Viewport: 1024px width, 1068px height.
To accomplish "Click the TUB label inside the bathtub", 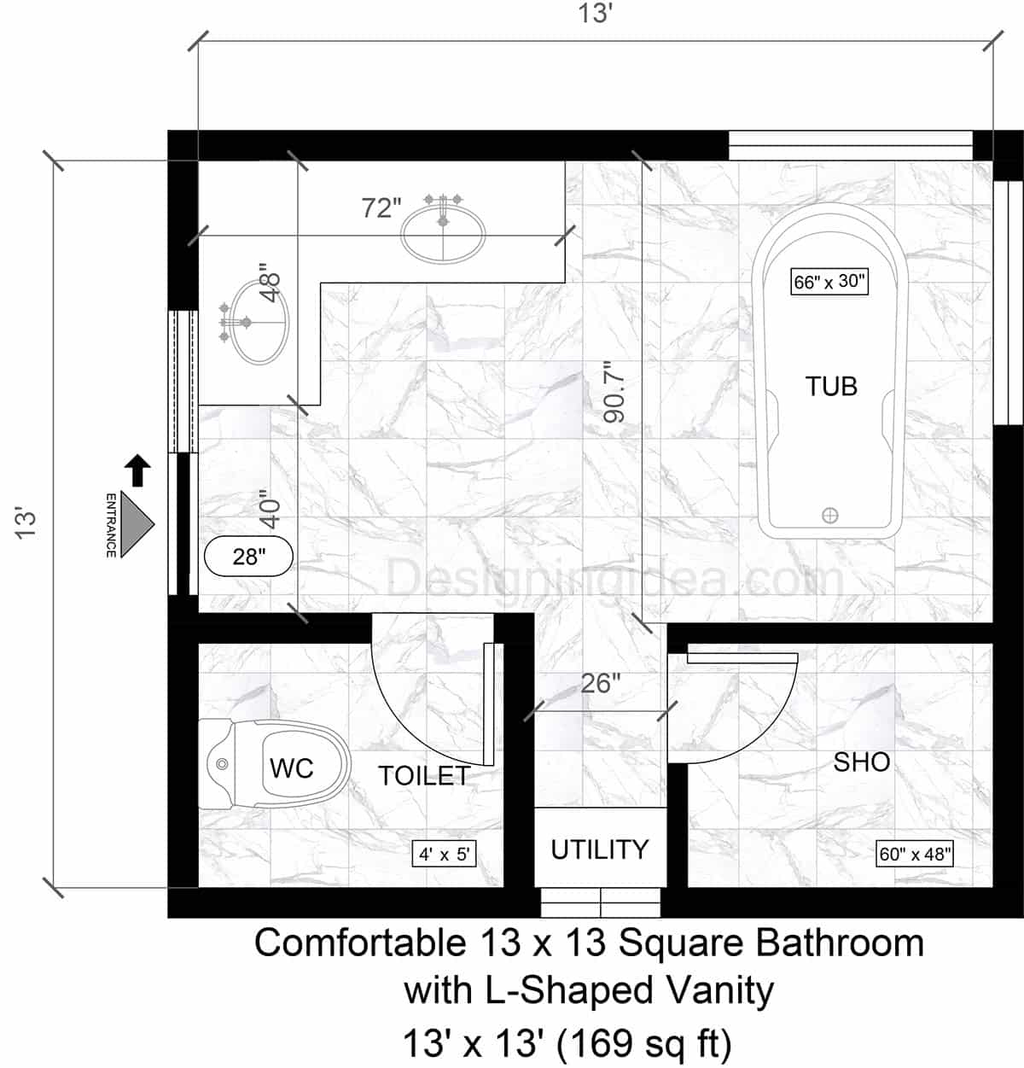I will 831,386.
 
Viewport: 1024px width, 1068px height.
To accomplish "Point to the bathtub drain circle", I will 829,515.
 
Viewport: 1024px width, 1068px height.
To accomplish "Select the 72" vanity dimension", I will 381,207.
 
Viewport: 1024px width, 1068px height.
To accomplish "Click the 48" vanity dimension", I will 271,282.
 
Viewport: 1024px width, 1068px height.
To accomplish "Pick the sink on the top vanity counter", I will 444,233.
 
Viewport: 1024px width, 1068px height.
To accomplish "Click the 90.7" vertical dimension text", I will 614,392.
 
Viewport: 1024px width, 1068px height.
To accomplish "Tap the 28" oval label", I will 249,557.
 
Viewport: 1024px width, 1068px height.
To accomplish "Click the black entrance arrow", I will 137,470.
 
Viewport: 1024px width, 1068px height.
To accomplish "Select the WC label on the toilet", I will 292,767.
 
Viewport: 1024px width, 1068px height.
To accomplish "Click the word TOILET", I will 424,775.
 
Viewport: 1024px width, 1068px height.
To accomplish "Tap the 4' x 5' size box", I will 444,854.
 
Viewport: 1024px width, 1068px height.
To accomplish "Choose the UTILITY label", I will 600,849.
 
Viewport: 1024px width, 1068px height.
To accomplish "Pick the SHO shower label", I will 862,762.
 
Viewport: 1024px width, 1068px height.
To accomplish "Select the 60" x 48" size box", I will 915,854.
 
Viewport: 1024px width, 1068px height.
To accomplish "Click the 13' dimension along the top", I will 596,15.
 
